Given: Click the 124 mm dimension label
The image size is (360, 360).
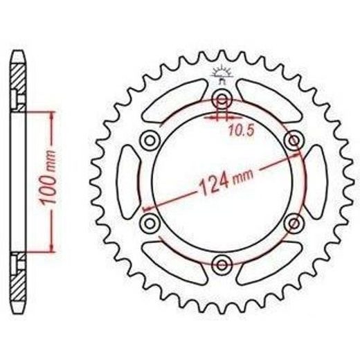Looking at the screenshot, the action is tap(226, 182).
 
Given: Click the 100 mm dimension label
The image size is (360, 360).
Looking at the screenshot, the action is tap(48, 177).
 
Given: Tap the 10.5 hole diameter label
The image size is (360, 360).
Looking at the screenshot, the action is tap(242, 130).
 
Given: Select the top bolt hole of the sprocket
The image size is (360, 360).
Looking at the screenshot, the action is tap(222, 99).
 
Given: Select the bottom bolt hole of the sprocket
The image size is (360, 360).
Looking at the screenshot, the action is tap(222, 265).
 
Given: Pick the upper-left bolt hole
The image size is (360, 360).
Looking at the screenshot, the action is tap(150, 141).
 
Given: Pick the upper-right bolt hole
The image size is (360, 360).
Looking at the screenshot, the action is tap(294, 140).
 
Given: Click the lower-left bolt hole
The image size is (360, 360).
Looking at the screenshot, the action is tap(150, 223).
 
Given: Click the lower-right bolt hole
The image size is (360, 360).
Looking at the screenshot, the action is tap(294, 223).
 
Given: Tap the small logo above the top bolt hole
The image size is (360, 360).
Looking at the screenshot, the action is tap(222, 74).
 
